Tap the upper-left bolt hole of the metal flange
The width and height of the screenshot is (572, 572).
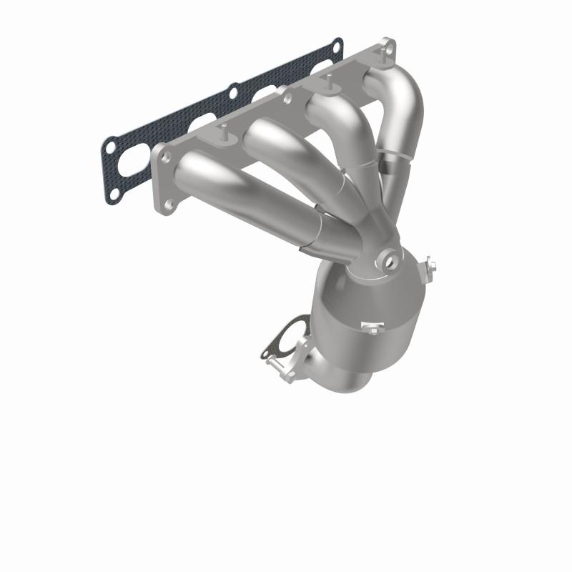coord(163,153)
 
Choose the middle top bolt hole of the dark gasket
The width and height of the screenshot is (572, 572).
coord(233,91)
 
